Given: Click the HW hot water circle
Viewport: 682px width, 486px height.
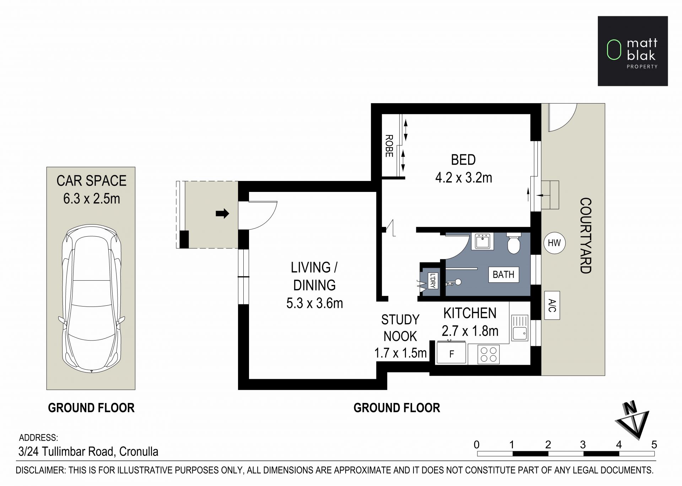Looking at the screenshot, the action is pos(554,243).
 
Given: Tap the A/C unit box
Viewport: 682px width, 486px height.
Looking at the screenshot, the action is pos(552,305).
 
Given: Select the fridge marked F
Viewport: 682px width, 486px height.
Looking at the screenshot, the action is pos(451,353).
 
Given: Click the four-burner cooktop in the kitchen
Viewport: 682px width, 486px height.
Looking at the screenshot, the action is pos(488,354).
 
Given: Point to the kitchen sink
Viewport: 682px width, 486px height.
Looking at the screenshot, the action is pos(520,328).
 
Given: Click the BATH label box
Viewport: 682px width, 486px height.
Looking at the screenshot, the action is pos(504,275).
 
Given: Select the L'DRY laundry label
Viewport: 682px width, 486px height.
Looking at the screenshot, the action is pos(432,281).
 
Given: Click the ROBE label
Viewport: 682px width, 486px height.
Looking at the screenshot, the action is pos(389,146).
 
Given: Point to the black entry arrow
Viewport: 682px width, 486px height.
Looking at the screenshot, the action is pos(222,214).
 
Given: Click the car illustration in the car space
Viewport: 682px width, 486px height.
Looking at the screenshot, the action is pos(91,298).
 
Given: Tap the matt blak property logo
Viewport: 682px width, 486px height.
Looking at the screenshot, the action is pos(633,51).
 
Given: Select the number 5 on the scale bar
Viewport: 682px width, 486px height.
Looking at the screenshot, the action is pos(654,444).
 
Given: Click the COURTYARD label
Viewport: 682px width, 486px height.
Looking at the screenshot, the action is pos(585,236).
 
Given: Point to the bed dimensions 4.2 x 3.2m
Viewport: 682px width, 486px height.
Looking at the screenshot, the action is pos(464,178).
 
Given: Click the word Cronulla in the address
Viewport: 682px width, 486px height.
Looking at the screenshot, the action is pos(139,452).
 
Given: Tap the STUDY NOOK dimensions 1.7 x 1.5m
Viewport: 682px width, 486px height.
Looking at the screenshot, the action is pos(400,353).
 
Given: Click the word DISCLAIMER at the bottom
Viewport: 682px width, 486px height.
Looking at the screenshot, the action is pos(40,470).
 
